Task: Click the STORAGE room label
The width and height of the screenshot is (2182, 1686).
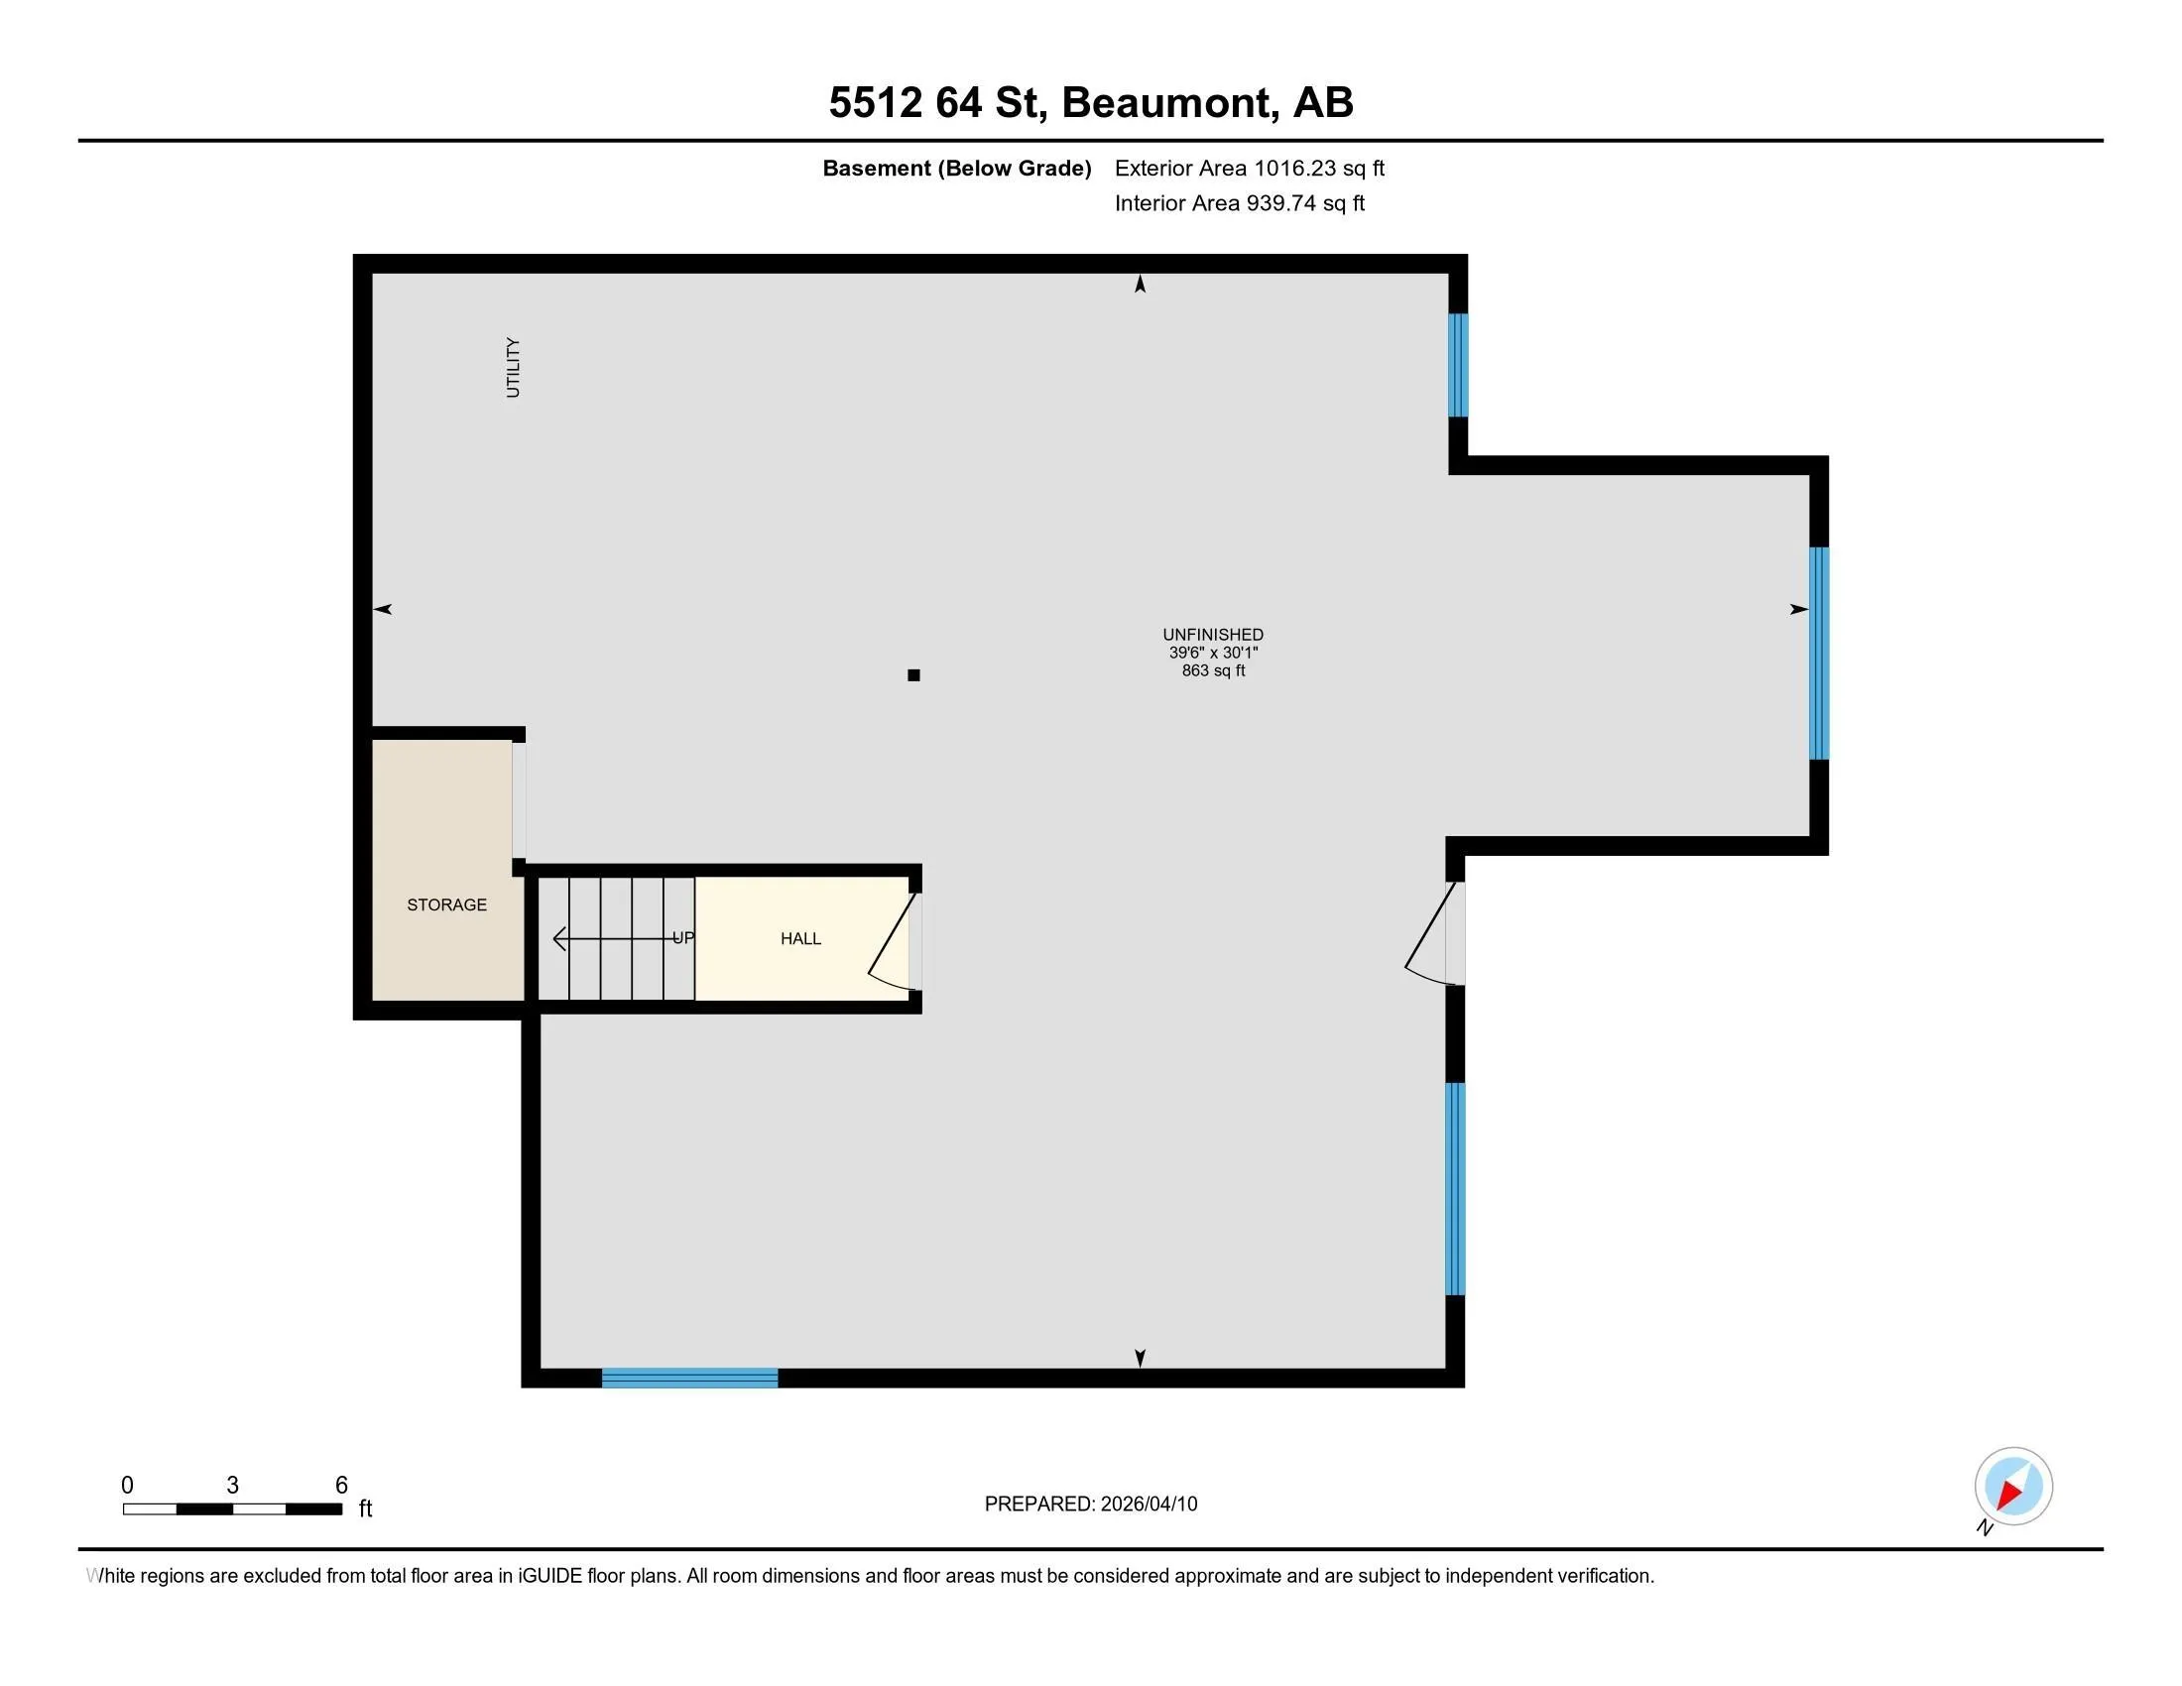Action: (446, 904)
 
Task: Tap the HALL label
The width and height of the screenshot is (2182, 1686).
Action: (800, 939)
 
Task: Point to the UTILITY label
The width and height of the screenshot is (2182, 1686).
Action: (514, 368)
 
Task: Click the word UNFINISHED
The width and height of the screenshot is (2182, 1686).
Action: (1213, 635)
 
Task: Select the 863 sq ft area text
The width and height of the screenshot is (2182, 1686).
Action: (1213, 670)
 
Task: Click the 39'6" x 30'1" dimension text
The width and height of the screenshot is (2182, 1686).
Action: (1213, 653)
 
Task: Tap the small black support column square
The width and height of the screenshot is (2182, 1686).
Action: (913, 675)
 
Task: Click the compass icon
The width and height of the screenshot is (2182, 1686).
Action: (2013, 1487)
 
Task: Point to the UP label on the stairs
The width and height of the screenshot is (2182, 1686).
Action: (683, 938)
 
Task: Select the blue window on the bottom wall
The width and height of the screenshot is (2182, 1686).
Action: (689, 1379)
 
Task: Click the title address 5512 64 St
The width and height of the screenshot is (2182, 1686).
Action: (938, 103)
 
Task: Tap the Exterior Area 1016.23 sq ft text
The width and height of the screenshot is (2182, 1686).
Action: (1250, 168)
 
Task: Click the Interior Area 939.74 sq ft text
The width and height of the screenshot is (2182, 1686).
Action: (1240, 203)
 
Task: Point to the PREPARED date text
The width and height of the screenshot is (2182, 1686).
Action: (1091, 1505)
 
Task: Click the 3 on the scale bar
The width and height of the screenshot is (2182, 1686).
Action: (233, 1486)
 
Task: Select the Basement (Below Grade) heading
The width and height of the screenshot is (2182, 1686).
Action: (957, 168)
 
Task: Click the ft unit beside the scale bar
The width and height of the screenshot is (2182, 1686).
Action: (366, 1508)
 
